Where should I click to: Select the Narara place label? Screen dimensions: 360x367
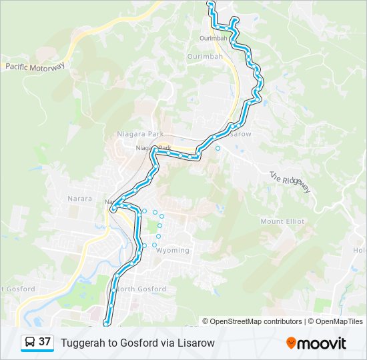(x=79, y=199)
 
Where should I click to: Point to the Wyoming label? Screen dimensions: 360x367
(x=172, y=251)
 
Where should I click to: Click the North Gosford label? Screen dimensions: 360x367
(x=141, y=289)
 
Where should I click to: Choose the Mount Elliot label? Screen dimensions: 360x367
(x=282, y=221)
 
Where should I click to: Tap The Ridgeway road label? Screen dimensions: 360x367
(x=290, y=182)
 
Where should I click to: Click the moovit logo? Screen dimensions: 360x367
(x=316, y=343)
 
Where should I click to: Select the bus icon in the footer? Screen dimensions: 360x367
(x=30, y=343)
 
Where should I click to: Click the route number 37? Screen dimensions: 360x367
(x=45, y=342)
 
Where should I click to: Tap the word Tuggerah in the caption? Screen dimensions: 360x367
(x=82, y=343)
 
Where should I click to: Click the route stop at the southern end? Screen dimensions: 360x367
(x=106, y=324)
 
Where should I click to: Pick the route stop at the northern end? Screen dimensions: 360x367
(x=211, y=4)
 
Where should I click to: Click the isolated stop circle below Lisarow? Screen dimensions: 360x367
(x=218, y=148)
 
